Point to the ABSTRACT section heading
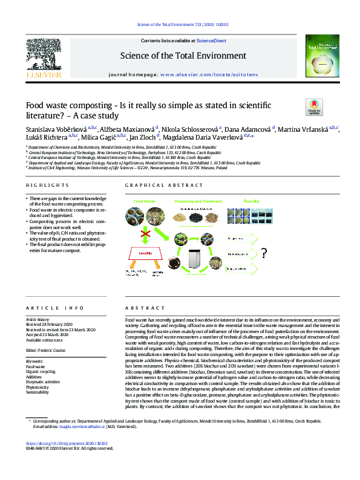136,307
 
